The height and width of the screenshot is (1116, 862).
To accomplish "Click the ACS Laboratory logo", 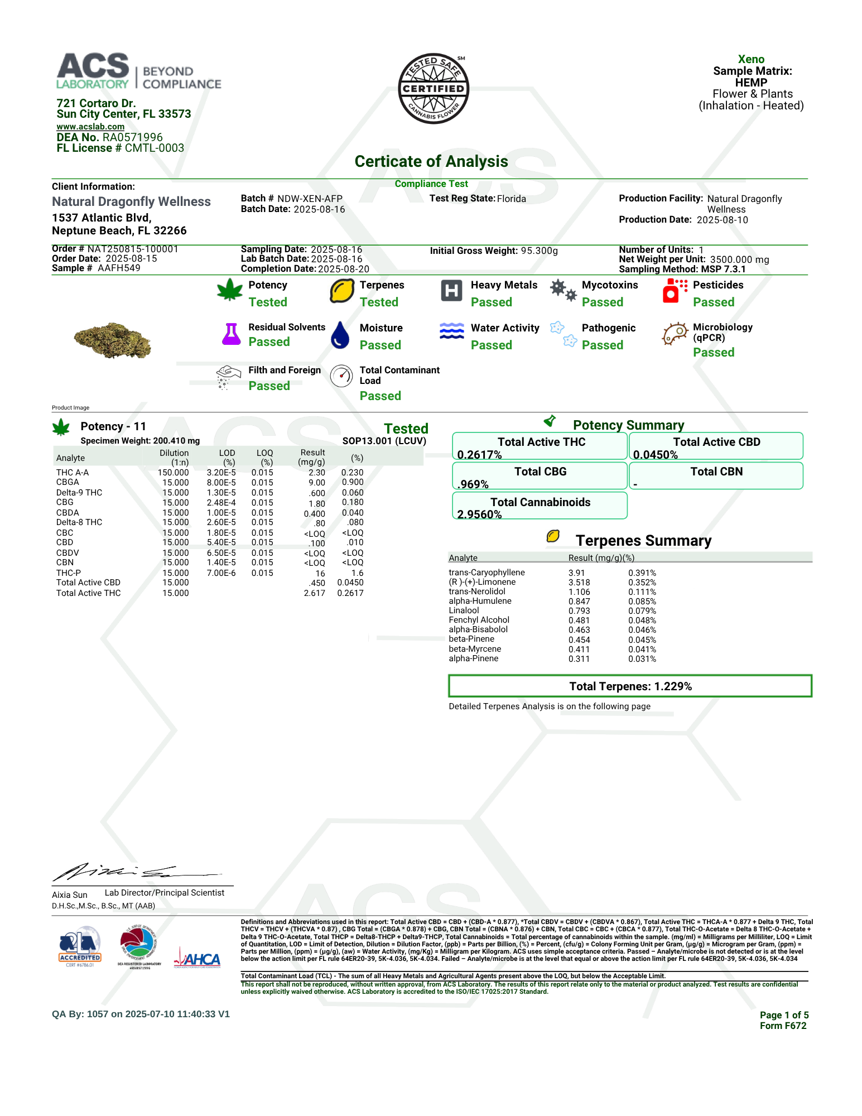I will tap(139, 71).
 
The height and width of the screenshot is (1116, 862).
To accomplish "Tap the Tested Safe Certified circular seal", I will tap(434, 89).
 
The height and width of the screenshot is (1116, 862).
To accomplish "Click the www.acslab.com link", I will tap(90, 127).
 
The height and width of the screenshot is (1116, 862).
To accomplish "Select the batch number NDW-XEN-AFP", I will tap(310, 199).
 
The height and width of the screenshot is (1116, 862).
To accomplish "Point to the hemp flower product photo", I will tap(113, 340).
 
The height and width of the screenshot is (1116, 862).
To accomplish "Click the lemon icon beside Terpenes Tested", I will tap(341, 291).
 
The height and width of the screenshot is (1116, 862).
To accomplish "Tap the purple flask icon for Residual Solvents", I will tap(231, 334).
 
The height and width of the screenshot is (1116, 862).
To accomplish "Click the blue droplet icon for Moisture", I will tap(340, 335).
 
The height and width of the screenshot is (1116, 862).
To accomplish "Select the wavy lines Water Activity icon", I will tap(451, 331).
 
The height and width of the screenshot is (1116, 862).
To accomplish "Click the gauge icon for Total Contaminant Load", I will tap(341, 376).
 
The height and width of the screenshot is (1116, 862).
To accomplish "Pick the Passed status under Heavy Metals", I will tap(491, 302).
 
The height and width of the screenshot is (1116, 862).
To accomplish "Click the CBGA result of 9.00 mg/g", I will tap(317, 483).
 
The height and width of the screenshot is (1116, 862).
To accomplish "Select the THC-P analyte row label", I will tap(69, 573).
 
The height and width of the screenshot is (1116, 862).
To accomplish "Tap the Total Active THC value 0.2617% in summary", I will tap(479, 455).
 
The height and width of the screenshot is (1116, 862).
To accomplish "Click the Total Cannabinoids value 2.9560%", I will tap(479, 514).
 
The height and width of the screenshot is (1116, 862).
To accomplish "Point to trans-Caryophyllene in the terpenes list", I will tap(487, 573).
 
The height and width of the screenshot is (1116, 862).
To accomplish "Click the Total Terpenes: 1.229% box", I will tap(630, 686).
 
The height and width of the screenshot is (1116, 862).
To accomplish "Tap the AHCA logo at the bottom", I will tap(198, 959).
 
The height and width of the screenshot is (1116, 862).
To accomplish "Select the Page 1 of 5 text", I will tap(784, 1015).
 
